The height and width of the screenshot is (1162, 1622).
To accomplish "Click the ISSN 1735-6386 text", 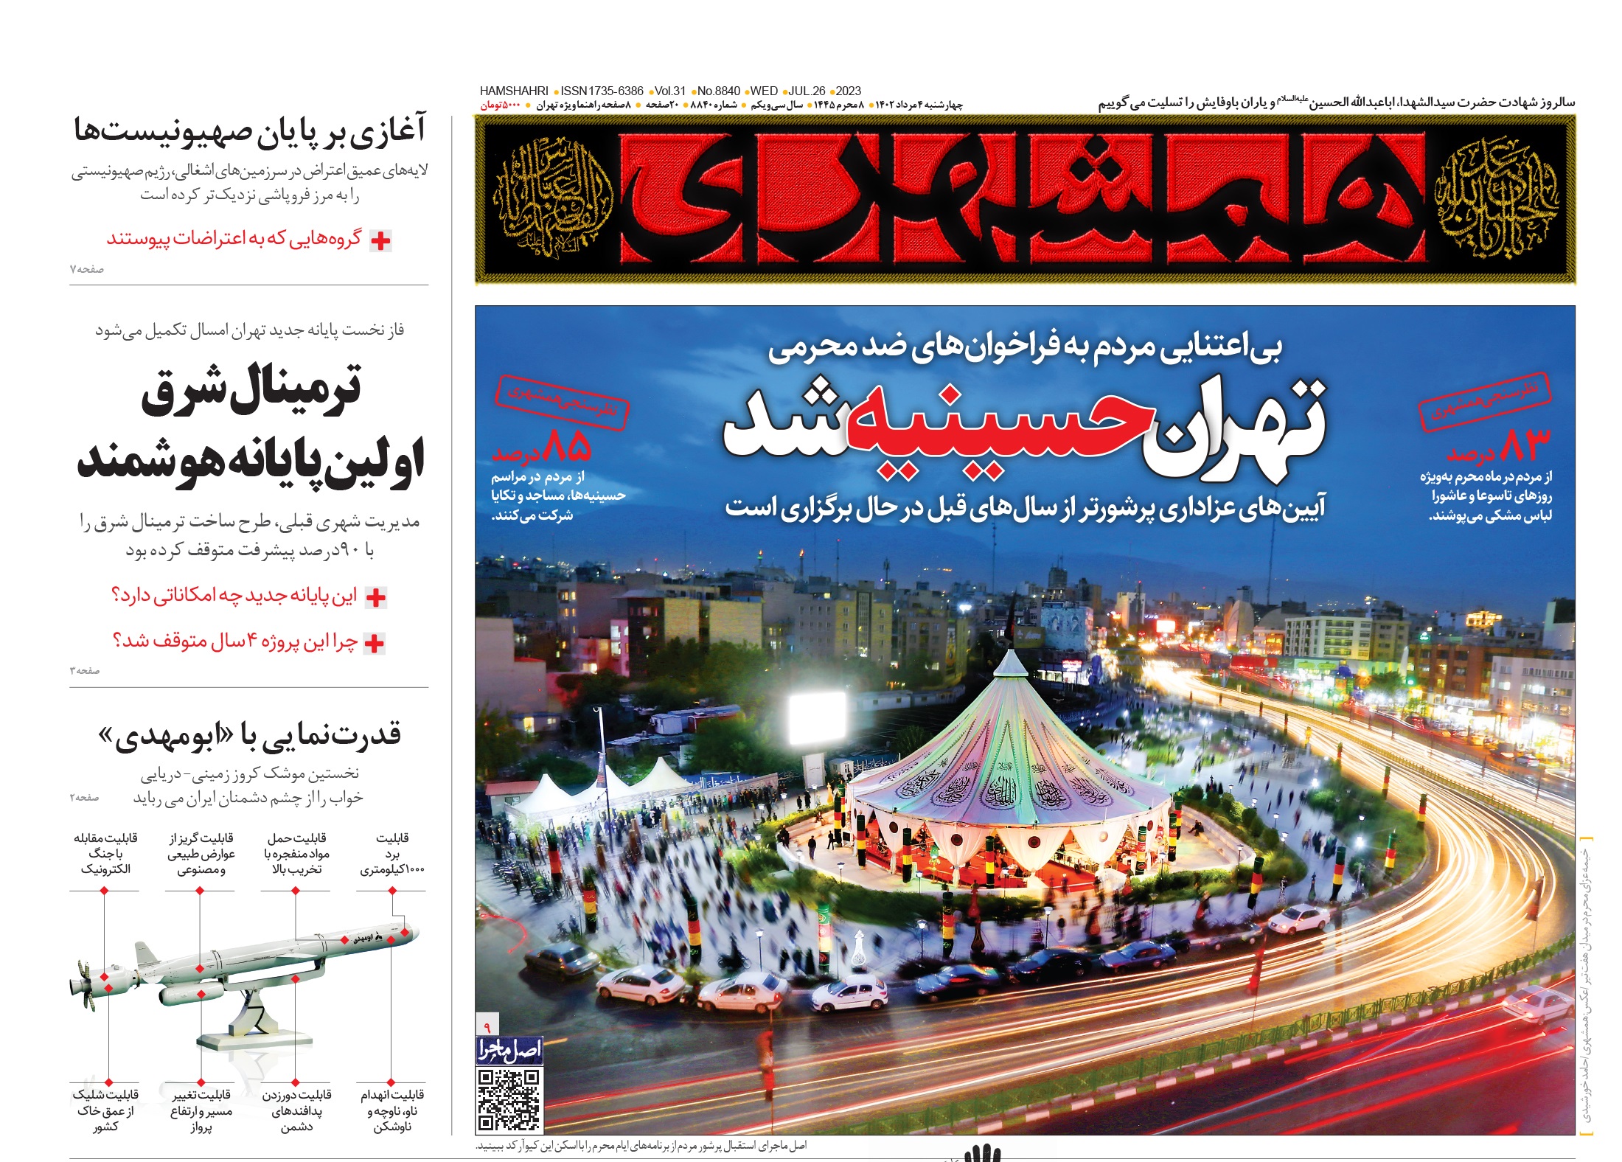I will (602, 91).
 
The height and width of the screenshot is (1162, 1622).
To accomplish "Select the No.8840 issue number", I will (718, 91).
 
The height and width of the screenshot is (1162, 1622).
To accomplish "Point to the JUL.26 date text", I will (807, 91).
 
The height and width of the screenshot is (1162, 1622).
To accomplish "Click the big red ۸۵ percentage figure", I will (568, 445).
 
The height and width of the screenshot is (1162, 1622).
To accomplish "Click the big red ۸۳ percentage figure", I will (1525, 445).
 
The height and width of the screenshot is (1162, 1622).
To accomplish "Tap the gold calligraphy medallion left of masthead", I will (554, 198).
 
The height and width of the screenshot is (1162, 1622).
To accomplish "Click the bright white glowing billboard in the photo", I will (817, 717).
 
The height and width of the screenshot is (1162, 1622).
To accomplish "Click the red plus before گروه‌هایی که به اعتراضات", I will (380, 240).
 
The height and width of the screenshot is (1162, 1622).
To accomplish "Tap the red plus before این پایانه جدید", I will (376, 597).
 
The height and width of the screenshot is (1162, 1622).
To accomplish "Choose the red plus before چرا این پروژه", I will (375, 643).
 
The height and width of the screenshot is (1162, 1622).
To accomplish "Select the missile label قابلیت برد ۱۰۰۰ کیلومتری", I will (392, 854).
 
